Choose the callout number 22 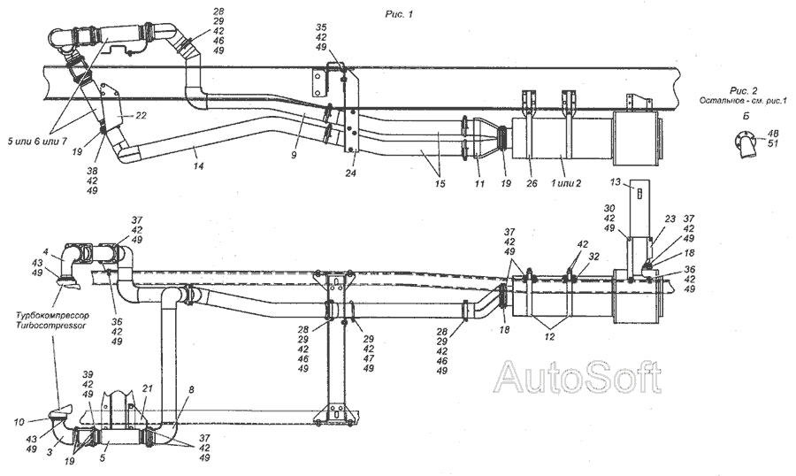[x=141, y=116]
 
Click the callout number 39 [x=87, y=375]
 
